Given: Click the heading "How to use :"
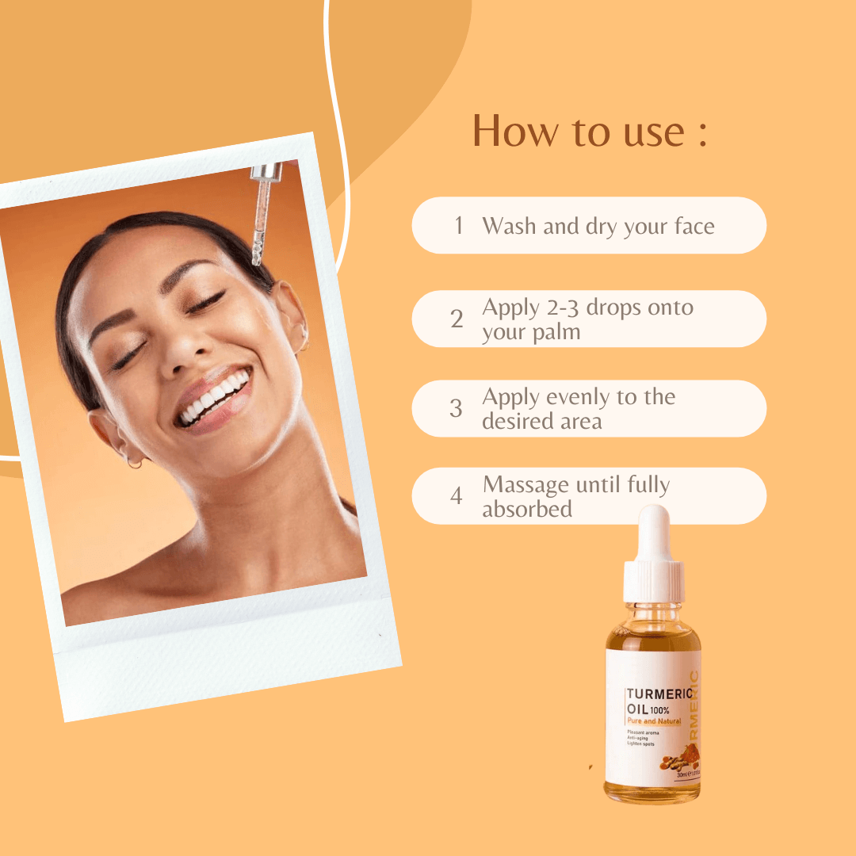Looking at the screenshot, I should (x=589, y=131).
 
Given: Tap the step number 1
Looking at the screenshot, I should (x=458, y=226).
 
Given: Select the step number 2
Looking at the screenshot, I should (x=457, y=319).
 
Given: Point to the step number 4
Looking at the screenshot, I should (x=457, y=496).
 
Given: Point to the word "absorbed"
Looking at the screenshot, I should (x=527, y=509).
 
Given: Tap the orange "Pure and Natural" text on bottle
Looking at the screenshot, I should (x=654, y=721).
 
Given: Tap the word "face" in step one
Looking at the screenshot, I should (x=695, y=226).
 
